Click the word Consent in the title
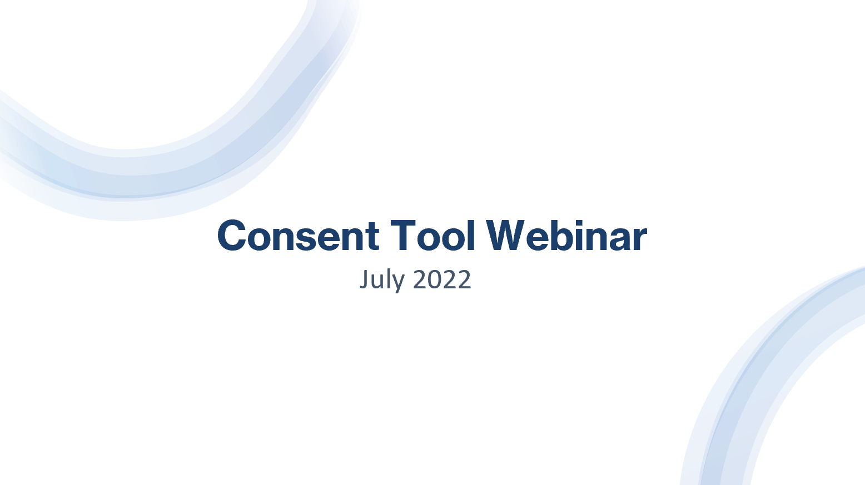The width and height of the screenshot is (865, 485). tap(298, 236)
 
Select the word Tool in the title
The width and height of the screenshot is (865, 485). tap(433, 236)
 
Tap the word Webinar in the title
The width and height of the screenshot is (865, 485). tap(566, 236)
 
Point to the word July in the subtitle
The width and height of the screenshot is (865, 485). tap(381, 279)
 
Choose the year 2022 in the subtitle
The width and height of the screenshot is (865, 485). tap(443, 279)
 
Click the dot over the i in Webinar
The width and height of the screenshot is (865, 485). tap(581, 222)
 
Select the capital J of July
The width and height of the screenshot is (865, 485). tap(364, 279)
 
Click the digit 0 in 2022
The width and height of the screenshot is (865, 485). tap(434, 279)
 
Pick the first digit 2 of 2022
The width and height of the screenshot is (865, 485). tap(420, 279)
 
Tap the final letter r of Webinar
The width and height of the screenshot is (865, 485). tap(640, 238)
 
